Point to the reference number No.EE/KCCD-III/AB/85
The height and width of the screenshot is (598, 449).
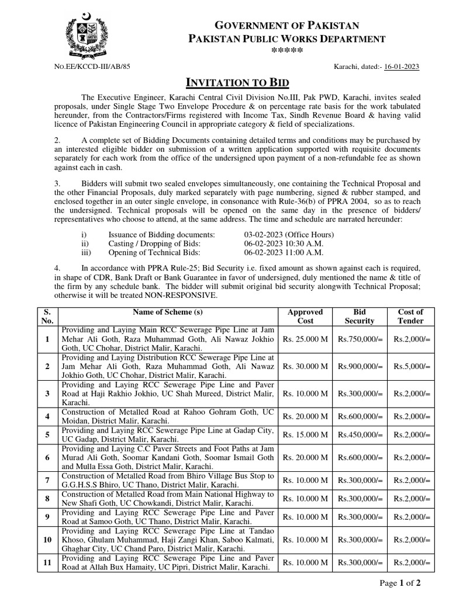[x=92, y=67]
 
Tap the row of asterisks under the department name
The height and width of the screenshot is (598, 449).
[x=287, y=52]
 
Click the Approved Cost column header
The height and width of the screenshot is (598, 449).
[x=305, y=317]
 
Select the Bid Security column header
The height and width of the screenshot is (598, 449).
[x=360, y=317]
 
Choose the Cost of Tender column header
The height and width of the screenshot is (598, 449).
[x=410, y=317]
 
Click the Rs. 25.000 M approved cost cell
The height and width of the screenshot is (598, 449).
[x=305, y=339]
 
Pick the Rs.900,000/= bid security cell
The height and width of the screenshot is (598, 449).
[x=360, y=366]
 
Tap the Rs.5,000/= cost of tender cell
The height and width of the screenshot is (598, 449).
[x=410, y=366]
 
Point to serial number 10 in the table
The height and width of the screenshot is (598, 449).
[x=47, y=540]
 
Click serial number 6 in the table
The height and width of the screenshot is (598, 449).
[x=47, y=457]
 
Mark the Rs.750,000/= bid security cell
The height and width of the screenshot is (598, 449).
[x=360, y=339]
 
